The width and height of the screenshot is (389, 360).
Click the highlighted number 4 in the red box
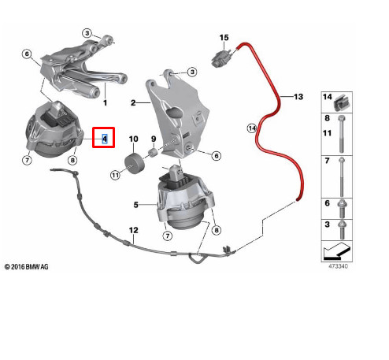(x=104, y=139)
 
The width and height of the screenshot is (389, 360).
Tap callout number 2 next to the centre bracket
(x=134, y=102)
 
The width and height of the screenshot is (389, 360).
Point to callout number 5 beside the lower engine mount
(x=135, y=204)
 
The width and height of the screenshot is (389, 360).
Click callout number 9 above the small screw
(x=155, y=139)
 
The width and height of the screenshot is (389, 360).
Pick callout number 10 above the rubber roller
(x=133, y=139)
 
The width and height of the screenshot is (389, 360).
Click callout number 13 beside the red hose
(x=298, y=96)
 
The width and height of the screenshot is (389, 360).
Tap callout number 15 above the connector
(x=224, y=38)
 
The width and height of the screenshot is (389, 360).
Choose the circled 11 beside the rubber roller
(x=114, y=175)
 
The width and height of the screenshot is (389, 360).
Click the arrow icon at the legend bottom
(x=339, y=253)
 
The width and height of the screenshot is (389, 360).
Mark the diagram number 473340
(x=339, y=267)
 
